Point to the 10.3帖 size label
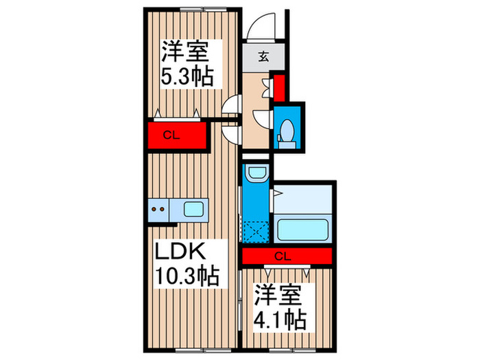pos(187,277)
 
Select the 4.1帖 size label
pos(280,320)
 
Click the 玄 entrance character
pos(263,57)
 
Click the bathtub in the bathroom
pos(303,227)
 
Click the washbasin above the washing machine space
pos(257,173)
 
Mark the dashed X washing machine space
pos(258,231)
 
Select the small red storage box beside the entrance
pos(280,87)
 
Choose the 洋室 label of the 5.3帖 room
pos(184,51)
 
